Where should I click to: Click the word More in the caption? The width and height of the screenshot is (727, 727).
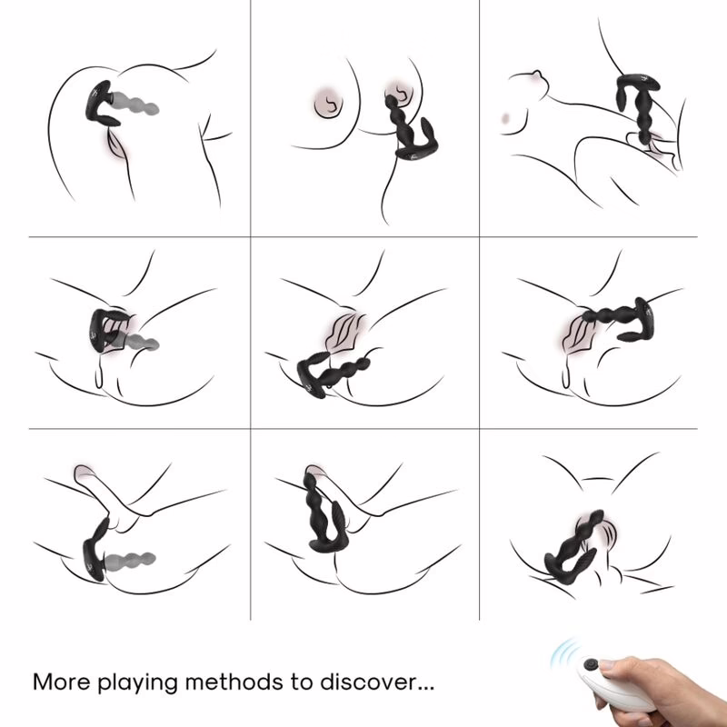(x=62, y=682)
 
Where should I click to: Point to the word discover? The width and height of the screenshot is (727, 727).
(x=367, y=682)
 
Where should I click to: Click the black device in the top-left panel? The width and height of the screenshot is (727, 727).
(x=102, y=105)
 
